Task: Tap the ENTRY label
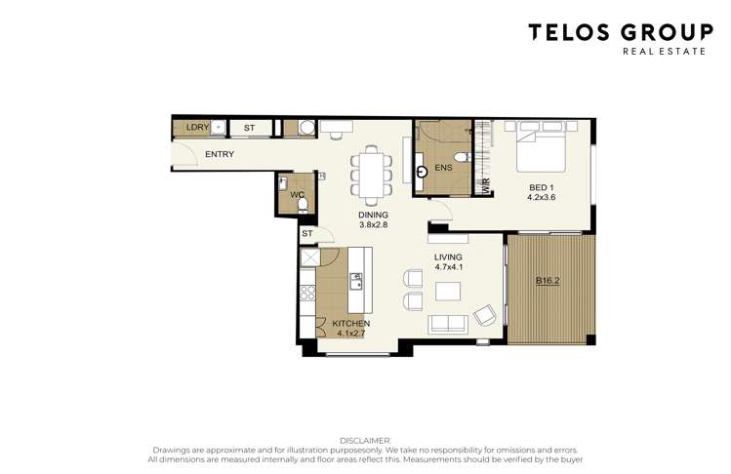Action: (x=219, y=155)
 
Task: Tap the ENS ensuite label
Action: (x=443, y=168)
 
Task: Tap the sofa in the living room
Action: (x=448, y=324)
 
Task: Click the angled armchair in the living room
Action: (x=484, y=314)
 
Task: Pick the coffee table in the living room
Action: (x=449, y=292)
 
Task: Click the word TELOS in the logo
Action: (x=568, y=32)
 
